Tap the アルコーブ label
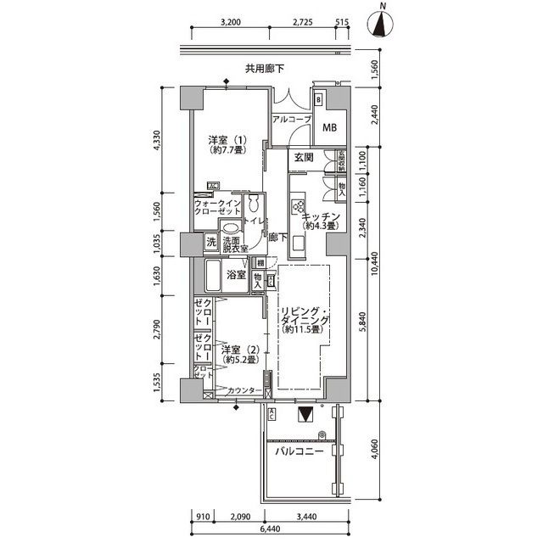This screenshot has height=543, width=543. coord(291,120)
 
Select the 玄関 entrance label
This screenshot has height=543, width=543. coord(305,157)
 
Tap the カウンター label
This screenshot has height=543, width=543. coord(244,391)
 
